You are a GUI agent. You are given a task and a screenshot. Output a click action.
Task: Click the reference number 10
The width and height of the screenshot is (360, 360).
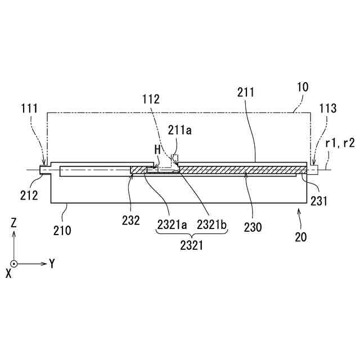pyautogui.click(x=302, y=88)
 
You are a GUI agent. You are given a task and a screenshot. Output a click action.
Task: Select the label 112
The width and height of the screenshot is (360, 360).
pyautogui.click(x=151, y=100)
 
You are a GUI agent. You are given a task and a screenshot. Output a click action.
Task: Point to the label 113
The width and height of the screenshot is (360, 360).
pyautogui.click(x=327, y=108)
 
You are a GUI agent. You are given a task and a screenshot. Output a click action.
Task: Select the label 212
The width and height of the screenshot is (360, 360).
pyautogui.click(x=30, y=196)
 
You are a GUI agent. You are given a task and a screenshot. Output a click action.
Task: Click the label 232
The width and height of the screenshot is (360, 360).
pyautogui.click(x=130, y=221)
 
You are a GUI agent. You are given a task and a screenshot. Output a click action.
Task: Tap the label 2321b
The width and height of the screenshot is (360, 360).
pyautogui.click(x=211, y=224)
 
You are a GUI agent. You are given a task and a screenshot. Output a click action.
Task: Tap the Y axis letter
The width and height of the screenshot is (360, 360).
pyautogui.click(x=52, y=263)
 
